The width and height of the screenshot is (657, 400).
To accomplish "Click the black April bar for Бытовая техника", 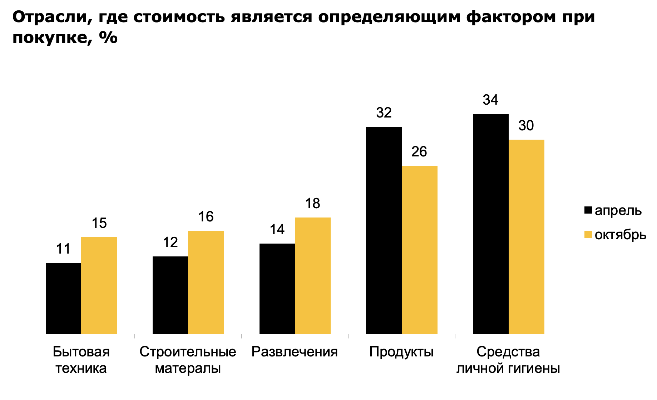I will [64, 298].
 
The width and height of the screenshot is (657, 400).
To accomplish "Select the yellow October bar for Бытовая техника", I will [99, 285].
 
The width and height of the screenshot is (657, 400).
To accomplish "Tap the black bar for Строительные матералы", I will [170, 295].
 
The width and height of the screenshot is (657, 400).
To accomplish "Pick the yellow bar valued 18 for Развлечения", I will [313, 276].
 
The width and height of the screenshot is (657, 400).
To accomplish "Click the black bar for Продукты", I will [384, 230].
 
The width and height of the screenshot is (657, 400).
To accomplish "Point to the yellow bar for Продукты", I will [420, 250].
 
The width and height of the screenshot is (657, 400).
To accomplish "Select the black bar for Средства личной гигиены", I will [491, 224].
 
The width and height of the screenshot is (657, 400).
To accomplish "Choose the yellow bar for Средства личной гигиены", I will [527, 237].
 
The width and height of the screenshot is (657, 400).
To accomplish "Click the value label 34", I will [490, 100].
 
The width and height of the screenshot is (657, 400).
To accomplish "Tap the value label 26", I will [419, 152].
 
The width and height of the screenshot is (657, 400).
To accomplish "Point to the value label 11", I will [64, 249].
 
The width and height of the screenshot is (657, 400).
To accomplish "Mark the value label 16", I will [206, 217].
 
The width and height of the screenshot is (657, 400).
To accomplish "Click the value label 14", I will [277, 230].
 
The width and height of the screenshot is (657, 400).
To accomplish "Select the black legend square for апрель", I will [588, 210].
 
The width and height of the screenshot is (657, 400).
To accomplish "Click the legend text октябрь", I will [621, 235].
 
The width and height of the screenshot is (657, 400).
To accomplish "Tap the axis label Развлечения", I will [295, 352].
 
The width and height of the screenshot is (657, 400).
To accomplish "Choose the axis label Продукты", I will [401, 352].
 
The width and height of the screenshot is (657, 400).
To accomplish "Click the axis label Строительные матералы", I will [188, 360].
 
